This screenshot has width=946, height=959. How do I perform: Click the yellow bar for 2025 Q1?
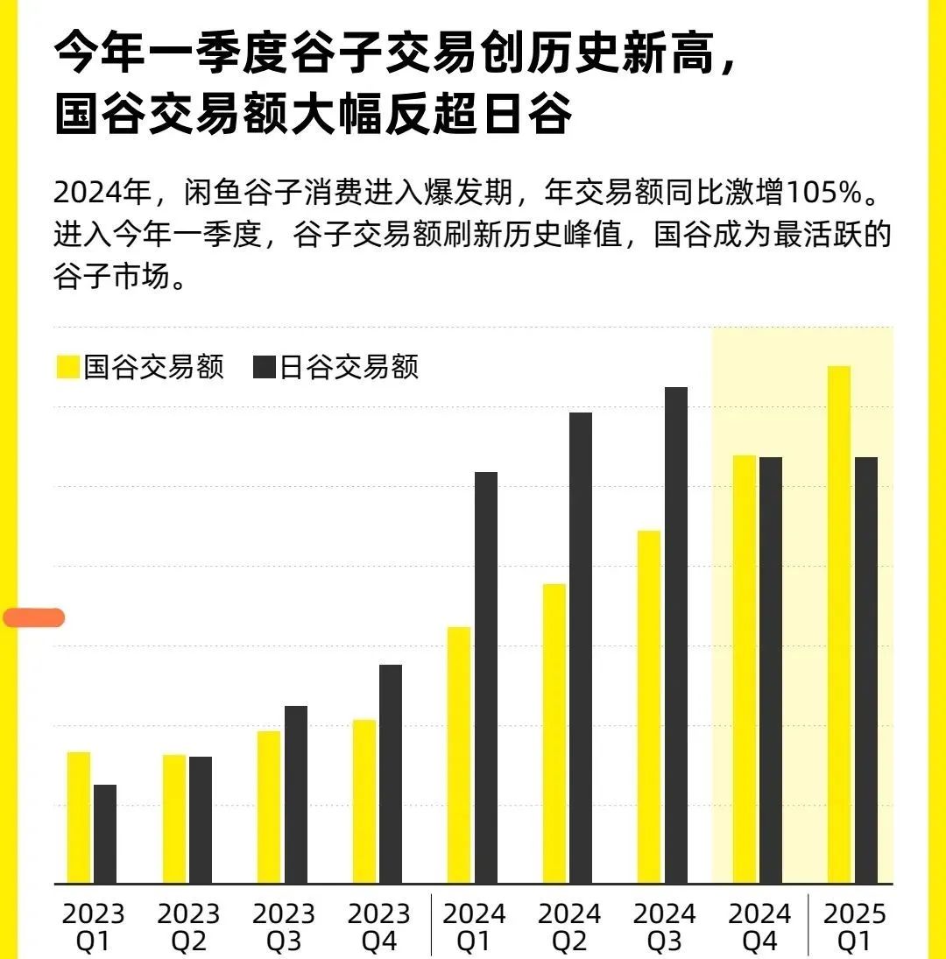838,624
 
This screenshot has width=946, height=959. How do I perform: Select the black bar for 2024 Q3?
676,635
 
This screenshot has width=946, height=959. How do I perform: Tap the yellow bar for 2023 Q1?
79,817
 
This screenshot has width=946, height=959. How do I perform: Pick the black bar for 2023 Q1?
105,834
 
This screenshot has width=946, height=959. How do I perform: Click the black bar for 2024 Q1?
486,677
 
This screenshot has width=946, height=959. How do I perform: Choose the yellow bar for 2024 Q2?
554,733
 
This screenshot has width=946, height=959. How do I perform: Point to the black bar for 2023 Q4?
391,773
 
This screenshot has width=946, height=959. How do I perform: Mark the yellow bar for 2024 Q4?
745,669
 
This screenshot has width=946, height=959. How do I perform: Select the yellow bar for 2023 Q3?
269,807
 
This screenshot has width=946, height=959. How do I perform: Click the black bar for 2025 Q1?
866,670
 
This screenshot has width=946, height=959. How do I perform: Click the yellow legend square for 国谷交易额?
67,367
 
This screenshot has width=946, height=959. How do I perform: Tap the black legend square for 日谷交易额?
265,367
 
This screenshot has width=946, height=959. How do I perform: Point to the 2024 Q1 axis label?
474,927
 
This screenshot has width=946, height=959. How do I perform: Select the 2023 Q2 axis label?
188,927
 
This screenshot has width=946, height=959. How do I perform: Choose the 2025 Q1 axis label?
855,927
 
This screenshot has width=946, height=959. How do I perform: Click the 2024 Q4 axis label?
759,927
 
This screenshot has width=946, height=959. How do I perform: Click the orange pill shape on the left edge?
33,617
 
